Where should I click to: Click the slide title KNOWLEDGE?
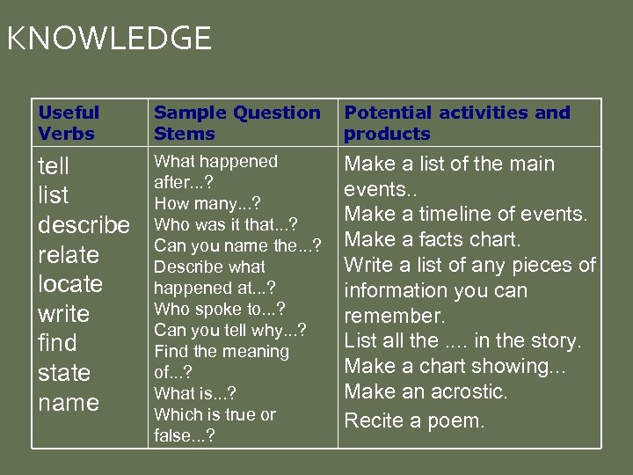(x=109, y=39)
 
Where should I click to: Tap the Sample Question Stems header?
(x=237, y=123)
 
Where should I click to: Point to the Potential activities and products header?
(x=457, y=123)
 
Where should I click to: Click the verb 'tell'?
(x=54, y=166)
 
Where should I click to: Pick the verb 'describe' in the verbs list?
(x=84, y=225)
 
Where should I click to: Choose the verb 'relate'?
(x=69, y=255)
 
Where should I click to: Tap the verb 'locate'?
(x=70, y=284)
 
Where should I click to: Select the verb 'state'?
(x=63, y=373)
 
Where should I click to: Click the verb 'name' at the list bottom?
(x=69, y=403)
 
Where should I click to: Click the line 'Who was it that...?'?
(x=226, y=224)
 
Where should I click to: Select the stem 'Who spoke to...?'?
(x=219, y=309)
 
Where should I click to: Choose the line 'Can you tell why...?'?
(x=230, y=330)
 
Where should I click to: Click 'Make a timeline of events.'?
(x=465, y=214)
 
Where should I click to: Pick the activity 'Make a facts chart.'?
(x=433, y=239)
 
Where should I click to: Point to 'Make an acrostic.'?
(x=426, y=391)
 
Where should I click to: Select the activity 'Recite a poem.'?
(x=414, y=420)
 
